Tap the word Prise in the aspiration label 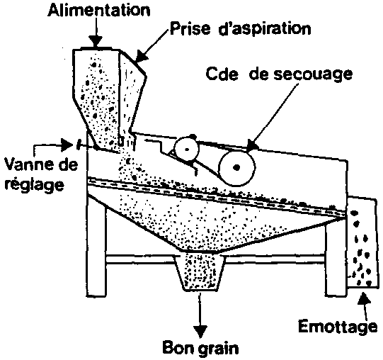click(x=190, y=28)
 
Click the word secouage click(x=313, y=74)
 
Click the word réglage click(x=35, y=184)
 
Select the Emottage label click(x=338, y=327)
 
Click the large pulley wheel click(x=237, y=167)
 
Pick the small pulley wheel click(x=186, y=149)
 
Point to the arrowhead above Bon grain click(x=200, y=332)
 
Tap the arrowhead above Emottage click(x=364, y=298)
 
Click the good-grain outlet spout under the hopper click(x=200, y=272)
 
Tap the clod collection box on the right click(x=361, y=243)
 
